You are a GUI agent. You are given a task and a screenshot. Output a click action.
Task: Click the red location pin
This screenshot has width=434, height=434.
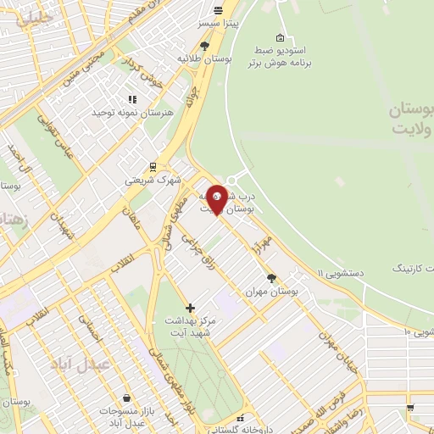[217, 198]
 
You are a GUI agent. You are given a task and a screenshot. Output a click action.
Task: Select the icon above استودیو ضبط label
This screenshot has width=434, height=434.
[281, 37]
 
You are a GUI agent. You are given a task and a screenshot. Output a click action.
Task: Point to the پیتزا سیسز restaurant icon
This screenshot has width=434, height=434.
[219, 11]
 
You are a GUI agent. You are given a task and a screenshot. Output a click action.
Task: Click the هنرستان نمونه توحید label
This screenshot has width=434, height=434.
[131, 112]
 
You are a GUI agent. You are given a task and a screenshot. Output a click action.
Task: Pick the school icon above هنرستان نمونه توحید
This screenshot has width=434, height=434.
[132, 98]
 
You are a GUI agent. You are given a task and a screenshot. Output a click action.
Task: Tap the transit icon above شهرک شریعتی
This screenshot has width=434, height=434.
[153, 166]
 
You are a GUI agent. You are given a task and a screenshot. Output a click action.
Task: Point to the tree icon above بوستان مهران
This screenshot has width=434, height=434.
[271, 277]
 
